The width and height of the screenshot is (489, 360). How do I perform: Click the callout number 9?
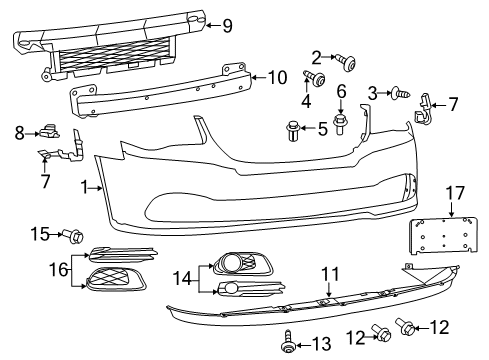click(227, 25)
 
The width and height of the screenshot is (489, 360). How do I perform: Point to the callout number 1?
click(84, 186)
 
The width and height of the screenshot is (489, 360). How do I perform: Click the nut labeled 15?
click(76, 236)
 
